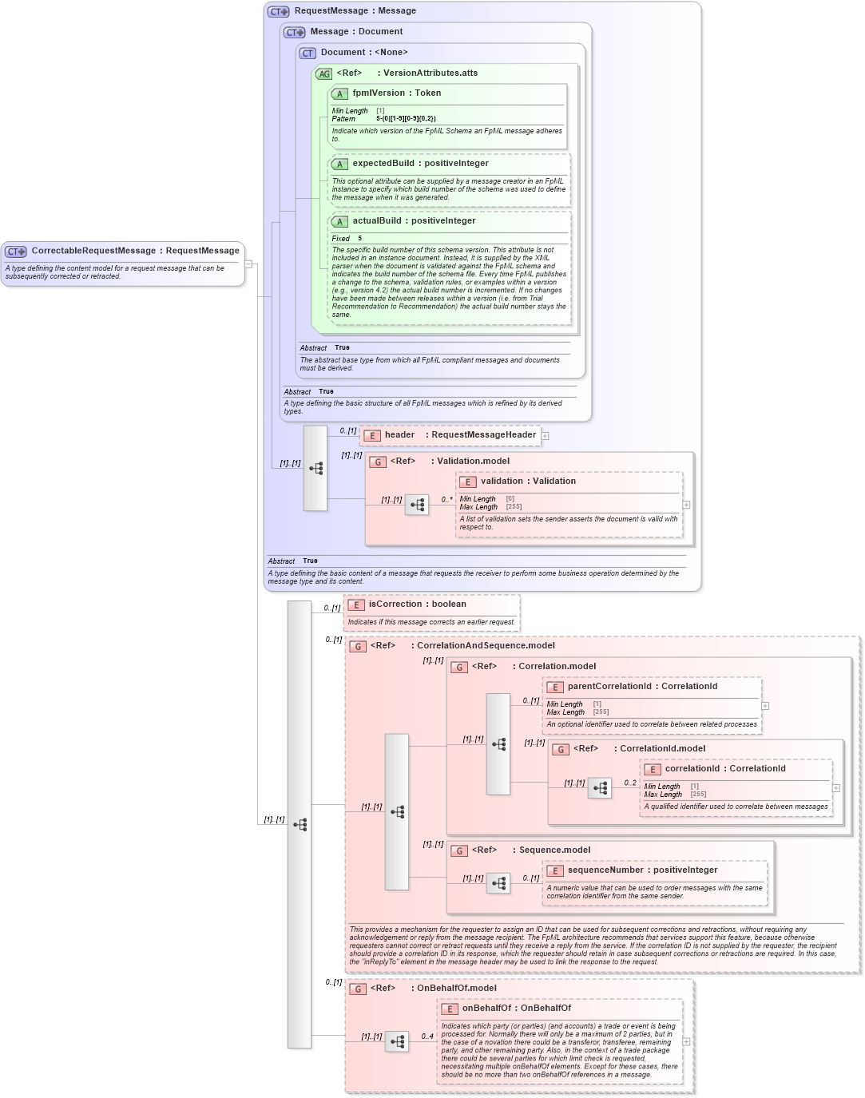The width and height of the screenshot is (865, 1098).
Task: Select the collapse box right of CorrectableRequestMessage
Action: (248, 264)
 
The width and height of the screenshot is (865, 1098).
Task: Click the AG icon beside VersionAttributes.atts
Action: (323, 73)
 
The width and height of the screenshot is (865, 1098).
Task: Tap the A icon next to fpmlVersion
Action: (339, 94)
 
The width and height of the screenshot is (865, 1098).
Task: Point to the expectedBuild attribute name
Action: (383, 164)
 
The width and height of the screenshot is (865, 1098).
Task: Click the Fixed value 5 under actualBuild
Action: (359, 239)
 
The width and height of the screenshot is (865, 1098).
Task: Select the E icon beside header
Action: (371, 436)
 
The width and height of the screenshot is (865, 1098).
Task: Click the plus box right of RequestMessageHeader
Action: (545, 436)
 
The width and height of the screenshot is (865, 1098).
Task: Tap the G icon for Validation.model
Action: (378, 462)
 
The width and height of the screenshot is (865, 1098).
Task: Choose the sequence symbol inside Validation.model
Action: (417, 505)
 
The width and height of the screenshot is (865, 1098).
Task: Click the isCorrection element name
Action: (395, 604)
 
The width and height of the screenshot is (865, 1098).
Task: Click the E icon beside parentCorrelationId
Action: (554, 687)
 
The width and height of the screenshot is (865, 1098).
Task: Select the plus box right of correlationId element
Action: (836, 788)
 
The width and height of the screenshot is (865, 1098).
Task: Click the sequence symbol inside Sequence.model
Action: (498, 883)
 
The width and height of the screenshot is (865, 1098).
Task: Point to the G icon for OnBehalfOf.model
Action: (358, 989)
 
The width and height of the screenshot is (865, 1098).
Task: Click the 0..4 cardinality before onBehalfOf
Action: (427, 1037)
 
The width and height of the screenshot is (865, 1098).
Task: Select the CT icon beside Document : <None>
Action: (308, 53)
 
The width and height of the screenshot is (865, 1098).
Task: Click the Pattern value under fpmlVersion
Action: (406, 119)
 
